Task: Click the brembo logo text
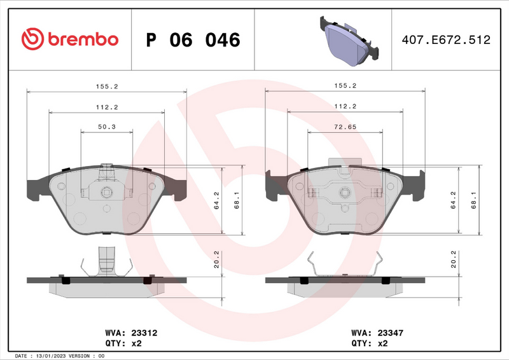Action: click(x=81, y=39)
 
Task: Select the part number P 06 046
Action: click(x=193, y=40)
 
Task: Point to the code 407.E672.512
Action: click(x=445, y=40)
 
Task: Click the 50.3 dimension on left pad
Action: click(x=106, y=127)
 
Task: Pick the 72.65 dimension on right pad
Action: click(x=345, y=127)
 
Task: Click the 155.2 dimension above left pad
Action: click(x=106, y=85)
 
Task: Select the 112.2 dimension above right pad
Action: click(x=345, y=106)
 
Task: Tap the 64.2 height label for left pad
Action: click(x=216, y=200)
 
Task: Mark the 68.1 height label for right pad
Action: click(x=474, y=200)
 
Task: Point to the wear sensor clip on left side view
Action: click(x=106, y=261)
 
